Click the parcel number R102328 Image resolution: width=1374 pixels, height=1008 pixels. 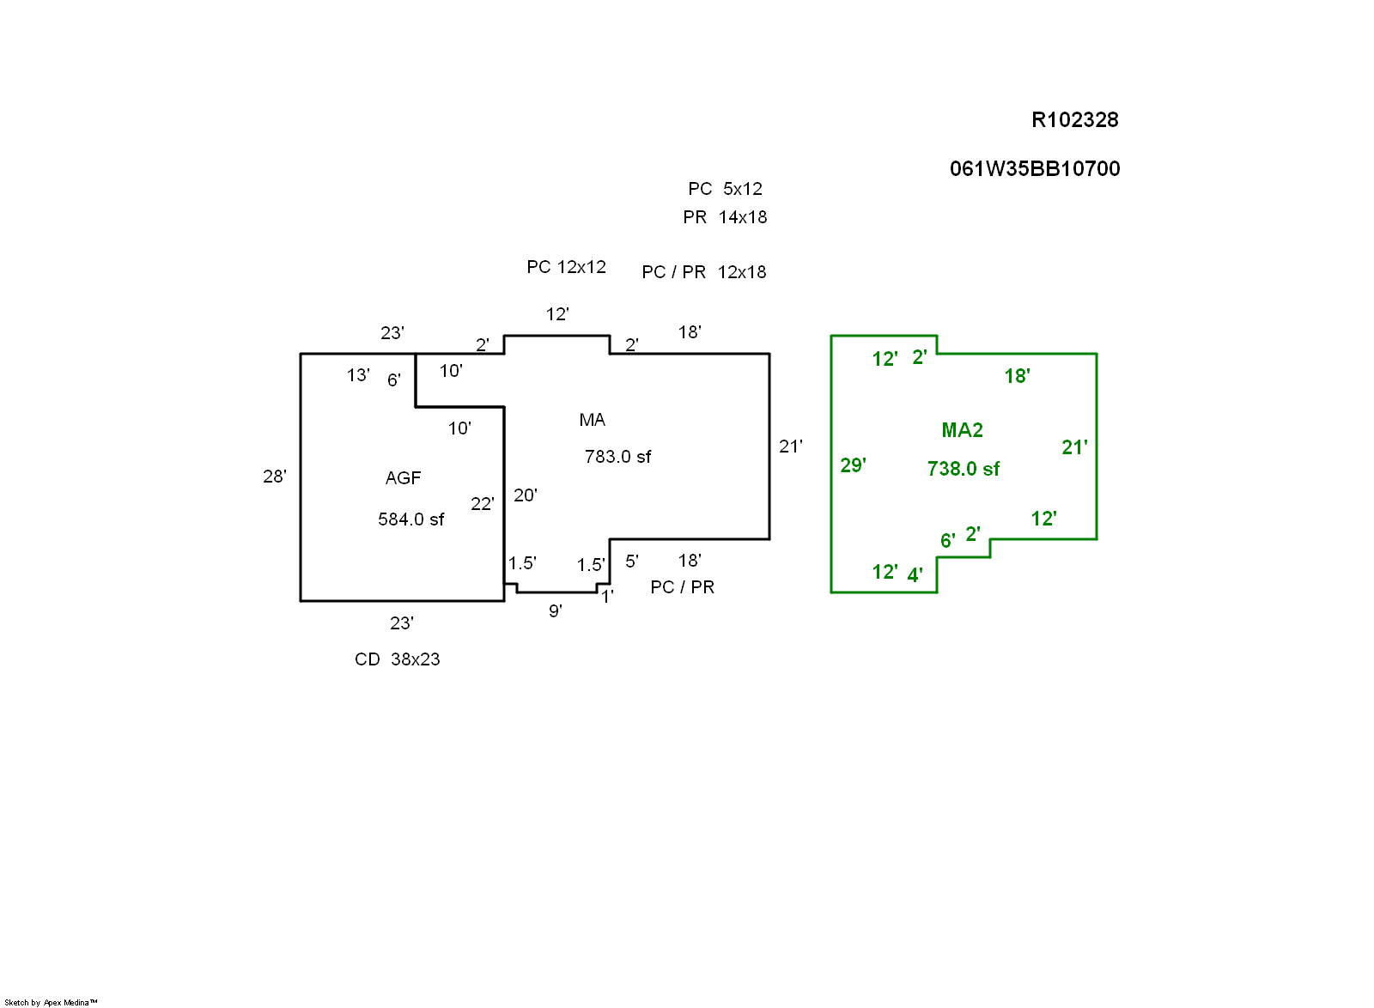pos(1074,120)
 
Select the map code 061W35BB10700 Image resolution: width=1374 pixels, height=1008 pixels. pos(1034,169)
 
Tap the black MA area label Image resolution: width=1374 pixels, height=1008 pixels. pos(592,420)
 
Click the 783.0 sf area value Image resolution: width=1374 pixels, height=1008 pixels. pos(617,457)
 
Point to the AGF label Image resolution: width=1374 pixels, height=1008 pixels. pos(403,478)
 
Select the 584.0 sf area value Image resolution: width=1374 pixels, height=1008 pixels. pos(410,519)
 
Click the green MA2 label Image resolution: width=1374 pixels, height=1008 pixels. pos(962,430)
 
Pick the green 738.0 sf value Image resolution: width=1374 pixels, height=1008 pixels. pos(963,469)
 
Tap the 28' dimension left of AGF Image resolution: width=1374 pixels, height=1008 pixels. pos(274,477)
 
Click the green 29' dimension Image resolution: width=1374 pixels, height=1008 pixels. pos(852,465)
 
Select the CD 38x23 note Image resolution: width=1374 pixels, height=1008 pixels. pos(397,659)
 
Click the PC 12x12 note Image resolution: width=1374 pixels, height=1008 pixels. pos(566,267)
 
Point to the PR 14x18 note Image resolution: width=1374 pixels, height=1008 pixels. pos(725,217)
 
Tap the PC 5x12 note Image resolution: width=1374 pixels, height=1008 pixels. pos(725,189)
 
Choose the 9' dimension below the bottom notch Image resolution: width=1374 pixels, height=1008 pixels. pos(555,611)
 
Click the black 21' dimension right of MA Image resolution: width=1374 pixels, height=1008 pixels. pos(790,446)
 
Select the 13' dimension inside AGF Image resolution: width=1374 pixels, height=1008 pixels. pos(357,375)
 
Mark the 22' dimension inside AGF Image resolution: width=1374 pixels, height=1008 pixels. pos(482,504)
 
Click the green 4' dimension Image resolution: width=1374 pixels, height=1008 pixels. pos(915,575)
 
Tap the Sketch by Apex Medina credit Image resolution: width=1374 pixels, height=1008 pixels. pos(51,1002)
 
